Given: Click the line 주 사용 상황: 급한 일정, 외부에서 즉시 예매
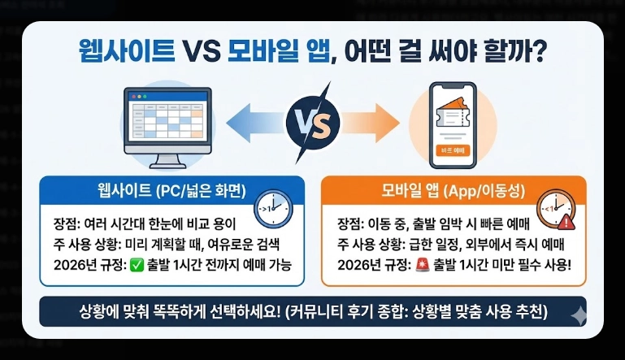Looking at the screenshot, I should [450, 244].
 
